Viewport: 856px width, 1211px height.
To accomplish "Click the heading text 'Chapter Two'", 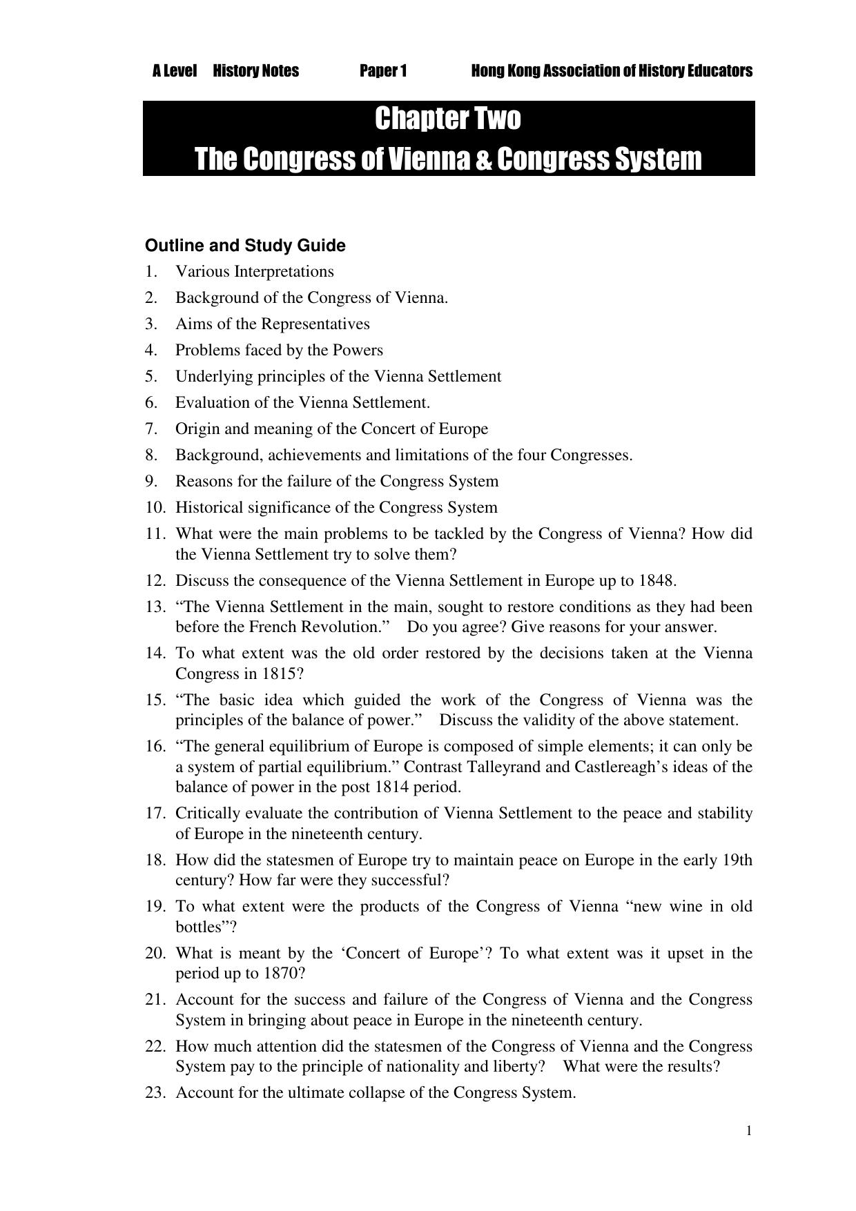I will point(448,119).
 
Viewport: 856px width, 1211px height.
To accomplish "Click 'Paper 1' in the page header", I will point(383,71).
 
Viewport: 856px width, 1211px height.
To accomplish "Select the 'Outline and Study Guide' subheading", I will point(245,246).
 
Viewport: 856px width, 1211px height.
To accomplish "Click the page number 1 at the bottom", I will point(749,1131).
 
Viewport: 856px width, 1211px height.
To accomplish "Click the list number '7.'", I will point(152,429).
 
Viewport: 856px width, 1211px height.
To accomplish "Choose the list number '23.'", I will point(155,1093).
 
